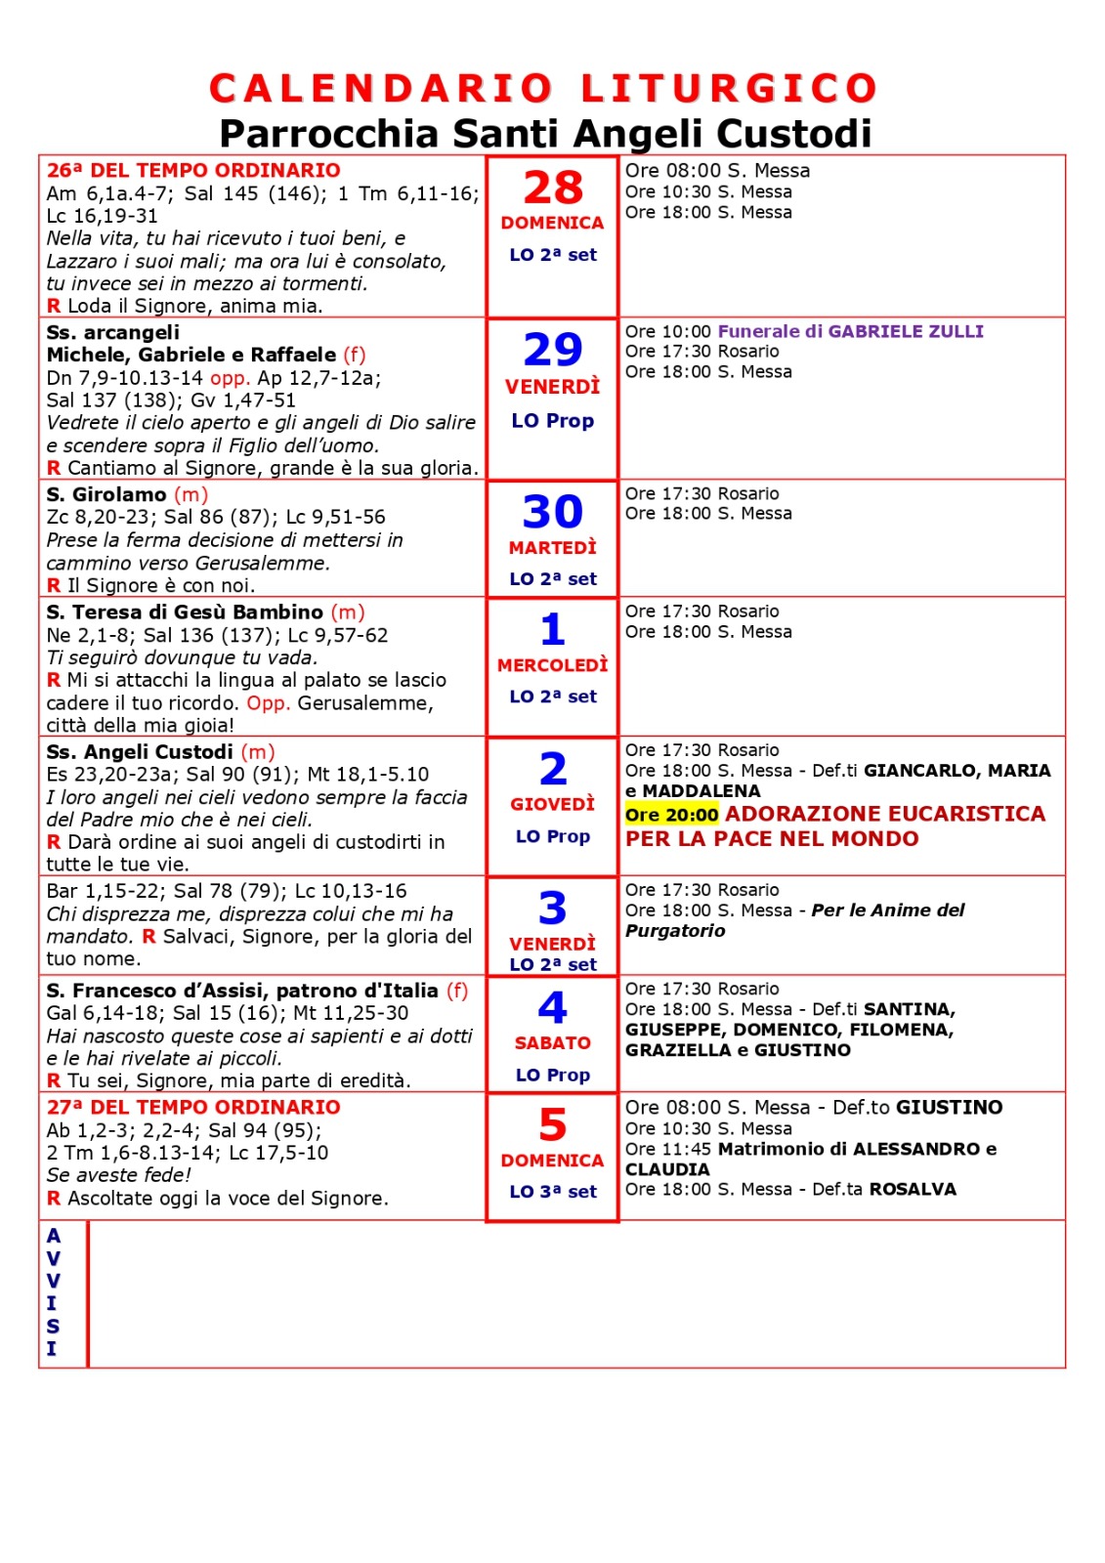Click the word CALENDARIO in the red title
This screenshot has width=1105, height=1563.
pos(381,88)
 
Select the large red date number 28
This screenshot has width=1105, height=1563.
pos(553,188)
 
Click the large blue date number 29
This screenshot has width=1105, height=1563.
pos(553,350)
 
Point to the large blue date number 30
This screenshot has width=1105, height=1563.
pos(553,512)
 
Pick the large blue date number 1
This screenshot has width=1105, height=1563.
pos(553,630)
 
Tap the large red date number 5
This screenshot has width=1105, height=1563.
pos(553,1125)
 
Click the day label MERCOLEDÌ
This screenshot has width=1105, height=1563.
pos(553,665)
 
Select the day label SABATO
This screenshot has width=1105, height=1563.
pos(553,1043)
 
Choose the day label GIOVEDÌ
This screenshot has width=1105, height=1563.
pos(553,804)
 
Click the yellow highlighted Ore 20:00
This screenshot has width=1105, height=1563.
pos(672,815)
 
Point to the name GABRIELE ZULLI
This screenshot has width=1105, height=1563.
pos(906,331)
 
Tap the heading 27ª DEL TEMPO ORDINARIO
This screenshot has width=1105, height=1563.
pos(193,1107)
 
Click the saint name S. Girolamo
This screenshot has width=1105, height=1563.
pos(106,494)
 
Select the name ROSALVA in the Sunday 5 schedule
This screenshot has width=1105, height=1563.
pos(913,1189)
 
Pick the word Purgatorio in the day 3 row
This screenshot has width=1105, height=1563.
pos(675,931)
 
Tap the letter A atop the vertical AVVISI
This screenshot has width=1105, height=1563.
pos(53,1236)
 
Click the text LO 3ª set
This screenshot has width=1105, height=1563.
pos(553,1192)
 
